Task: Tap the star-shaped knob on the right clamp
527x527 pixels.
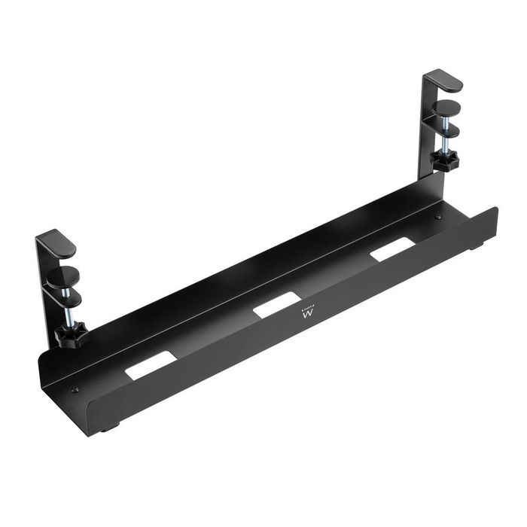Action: click(x=444, y=160)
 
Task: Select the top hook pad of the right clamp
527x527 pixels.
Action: click(x=443, y=81)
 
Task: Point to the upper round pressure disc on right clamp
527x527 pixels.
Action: click(x=448, y=107)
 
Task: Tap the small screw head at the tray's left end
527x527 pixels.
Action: click(x=75, y=389)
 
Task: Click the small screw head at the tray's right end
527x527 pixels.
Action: click(x=438, y=217)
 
